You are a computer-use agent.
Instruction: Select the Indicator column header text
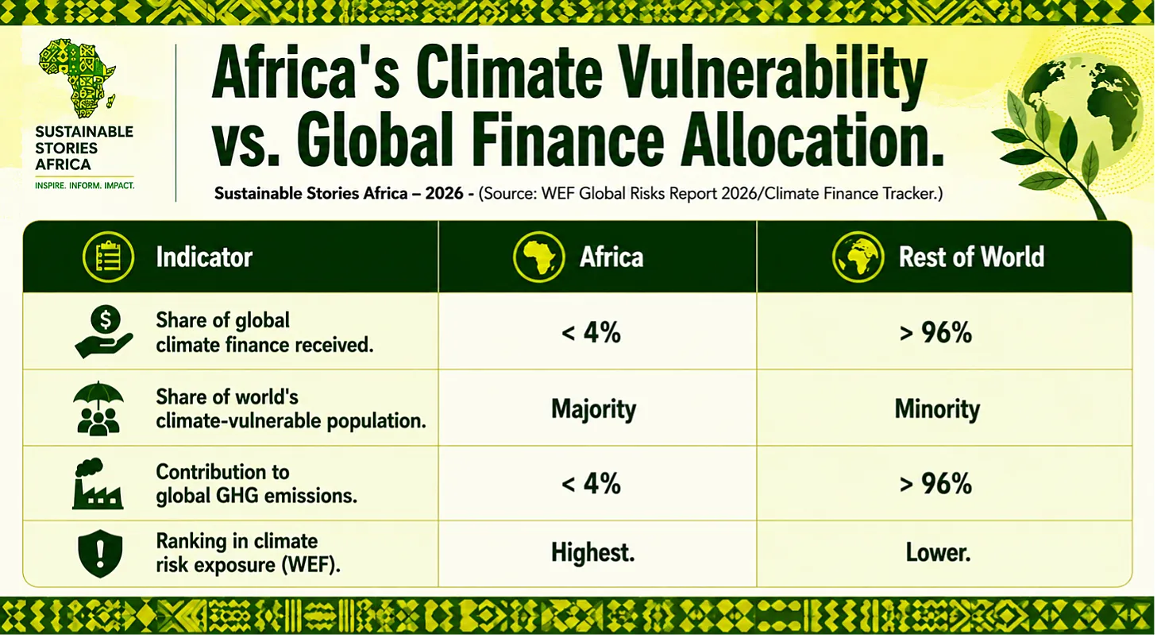click(205, 257)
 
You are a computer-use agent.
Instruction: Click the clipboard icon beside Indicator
click(108, 257)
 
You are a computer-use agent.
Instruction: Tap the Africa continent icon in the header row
click(538, 257)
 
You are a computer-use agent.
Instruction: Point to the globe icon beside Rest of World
click(858, 257)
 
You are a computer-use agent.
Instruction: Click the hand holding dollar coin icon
click(104, 331)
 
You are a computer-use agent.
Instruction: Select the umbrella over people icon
click(98, 408)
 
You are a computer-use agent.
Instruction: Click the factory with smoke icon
click(98, 484)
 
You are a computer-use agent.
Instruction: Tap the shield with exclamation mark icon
click(100, 553)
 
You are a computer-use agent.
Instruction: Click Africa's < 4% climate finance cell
click(591, 332)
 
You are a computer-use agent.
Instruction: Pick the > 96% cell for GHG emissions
click(935, 484)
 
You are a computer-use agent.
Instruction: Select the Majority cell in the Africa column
click(593, 409)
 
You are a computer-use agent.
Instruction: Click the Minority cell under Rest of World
click(937, 408)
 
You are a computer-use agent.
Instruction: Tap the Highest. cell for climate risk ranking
click(592, 552)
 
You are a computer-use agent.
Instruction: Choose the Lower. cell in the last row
click(938, 553)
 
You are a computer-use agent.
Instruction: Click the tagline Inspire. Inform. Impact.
click(85, 185)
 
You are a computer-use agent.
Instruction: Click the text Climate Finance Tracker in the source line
click(850, 194)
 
